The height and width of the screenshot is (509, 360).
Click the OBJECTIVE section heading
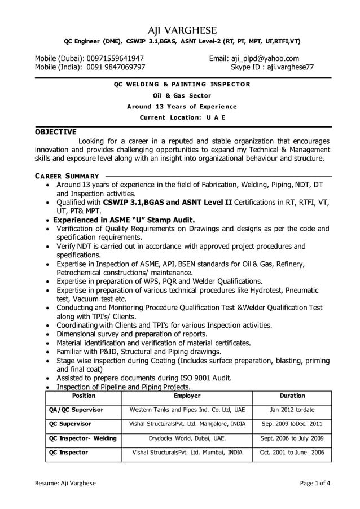pos(56,132)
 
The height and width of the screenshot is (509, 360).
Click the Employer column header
pos(187,396)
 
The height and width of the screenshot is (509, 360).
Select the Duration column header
pos(292,396)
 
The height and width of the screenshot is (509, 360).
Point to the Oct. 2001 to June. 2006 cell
pos(292,453)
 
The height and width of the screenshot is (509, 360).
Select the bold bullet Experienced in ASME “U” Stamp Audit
pos(124,220)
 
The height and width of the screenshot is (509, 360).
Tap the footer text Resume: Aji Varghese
pos(65,483)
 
